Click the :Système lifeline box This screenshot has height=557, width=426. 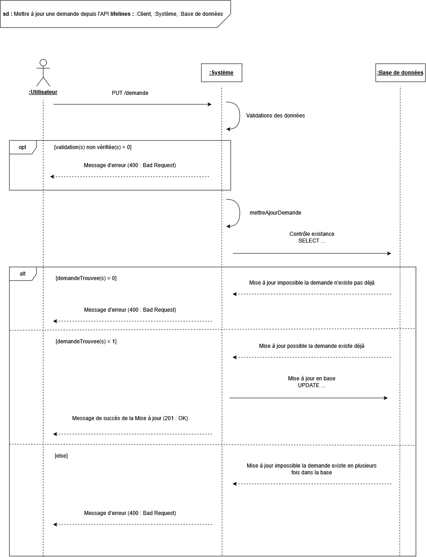[221, 73]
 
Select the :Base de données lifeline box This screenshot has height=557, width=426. [400, 73]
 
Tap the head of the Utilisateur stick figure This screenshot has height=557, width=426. [43, 62]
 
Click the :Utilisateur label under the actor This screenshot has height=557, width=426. [43, 92]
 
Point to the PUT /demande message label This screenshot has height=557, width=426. [130, 93]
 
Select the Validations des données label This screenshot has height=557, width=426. [275, 116]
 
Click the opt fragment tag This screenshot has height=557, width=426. [23, 147]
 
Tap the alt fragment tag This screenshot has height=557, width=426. [23, 274]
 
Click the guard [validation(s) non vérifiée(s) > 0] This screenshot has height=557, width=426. [93, 147]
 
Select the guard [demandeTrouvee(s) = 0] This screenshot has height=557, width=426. [86, 278]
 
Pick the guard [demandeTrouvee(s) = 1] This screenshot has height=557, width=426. [86, 342]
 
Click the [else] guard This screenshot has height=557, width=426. [61, 455]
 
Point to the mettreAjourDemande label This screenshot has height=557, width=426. [275, 213]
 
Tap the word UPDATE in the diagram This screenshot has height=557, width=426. [309, 385]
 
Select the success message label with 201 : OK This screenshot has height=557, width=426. [130, 418]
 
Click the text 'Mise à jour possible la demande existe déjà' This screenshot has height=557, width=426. [312, 346]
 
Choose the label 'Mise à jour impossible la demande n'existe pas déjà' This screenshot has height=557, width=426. [312, 283]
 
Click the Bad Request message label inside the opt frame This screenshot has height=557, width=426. [130, 165]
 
